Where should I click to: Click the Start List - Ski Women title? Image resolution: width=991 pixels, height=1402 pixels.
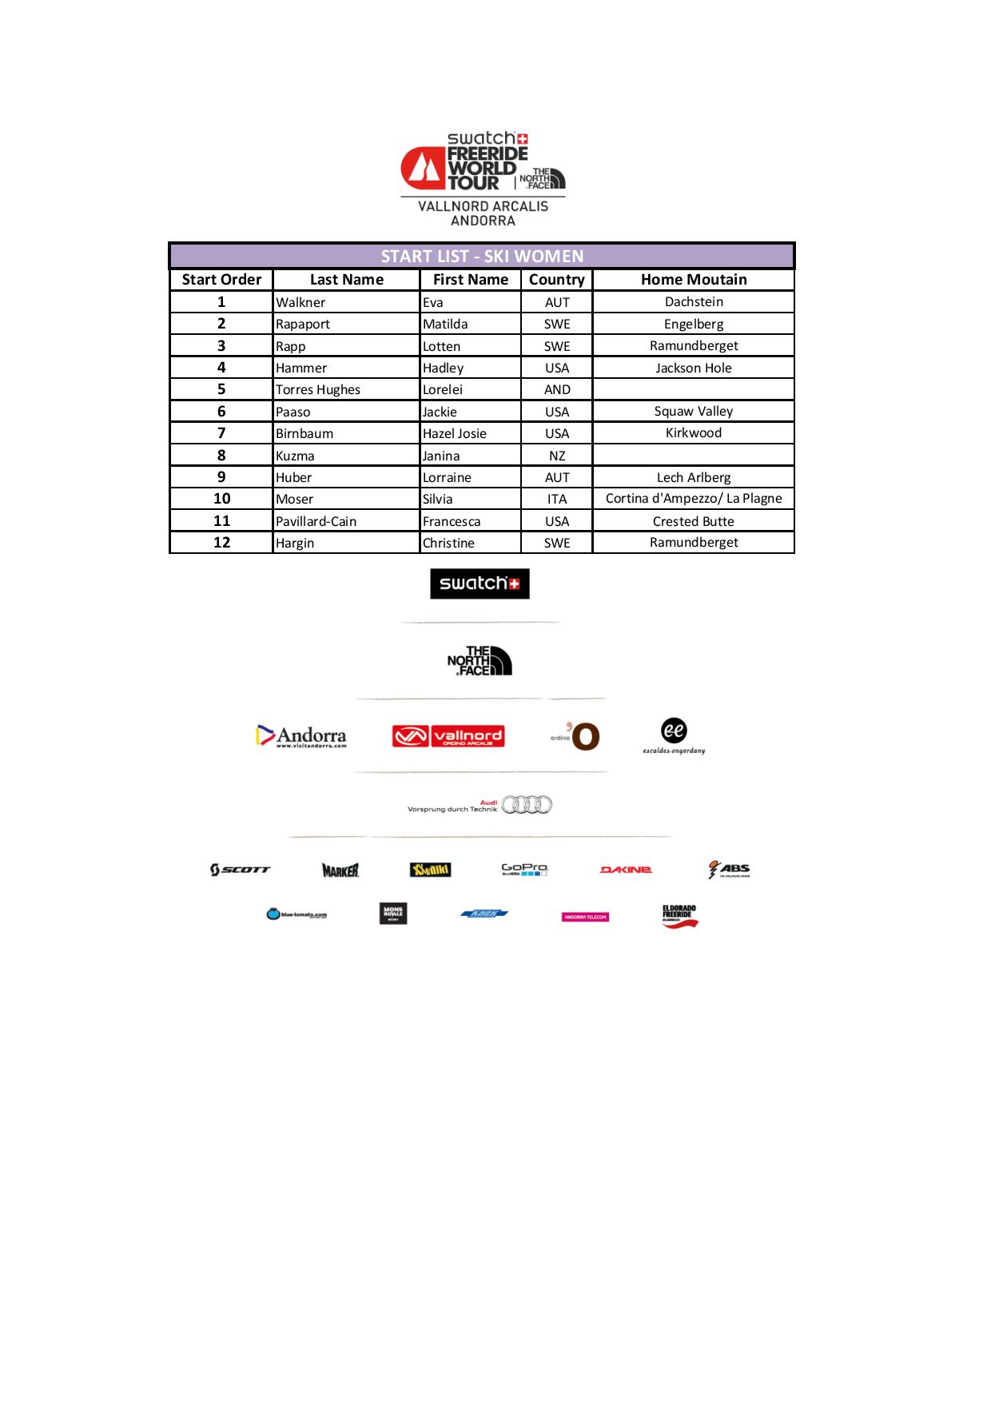482,257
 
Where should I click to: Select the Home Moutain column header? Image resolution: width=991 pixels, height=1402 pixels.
694,280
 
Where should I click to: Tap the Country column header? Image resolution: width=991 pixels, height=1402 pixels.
556,280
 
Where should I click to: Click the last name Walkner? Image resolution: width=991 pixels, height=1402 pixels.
300,302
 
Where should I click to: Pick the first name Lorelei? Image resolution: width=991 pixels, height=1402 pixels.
443,389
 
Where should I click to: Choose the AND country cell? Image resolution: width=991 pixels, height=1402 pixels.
557,389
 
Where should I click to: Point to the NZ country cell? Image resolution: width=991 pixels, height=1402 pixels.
557,456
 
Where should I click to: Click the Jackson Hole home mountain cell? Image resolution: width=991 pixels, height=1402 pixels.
694,368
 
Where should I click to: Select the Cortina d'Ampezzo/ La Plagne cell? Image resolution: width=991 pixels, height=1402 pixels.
694,499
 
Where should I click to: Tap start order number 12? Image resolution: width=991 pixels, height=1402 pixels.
221,543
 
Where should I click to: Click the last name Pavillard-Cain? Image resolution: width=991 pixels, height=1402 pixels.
316,521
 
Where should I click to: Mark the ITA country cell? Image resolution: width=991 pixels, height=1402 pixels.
557,499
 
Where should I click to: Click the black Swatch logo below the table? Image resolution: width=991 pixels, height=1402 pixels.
480,584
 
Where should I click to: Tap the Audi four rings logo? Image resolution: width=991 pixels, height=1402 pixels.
527,805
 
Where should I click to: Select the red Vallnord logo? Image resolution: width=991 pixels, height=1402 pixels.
448,736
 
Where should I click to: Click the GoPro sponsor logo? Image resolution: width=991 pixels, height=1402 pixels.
524,869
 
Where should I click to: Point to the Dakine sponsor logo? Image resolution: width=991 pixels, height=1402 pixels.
626,870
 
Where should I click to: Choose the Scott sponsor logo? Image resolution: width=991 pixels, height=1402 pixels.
240,870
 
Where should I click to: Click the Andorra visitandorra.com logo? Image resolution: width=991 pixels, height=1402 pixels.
301,736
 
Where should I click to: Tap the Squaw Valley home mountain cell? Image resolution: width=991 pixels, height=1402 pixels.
694,412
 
